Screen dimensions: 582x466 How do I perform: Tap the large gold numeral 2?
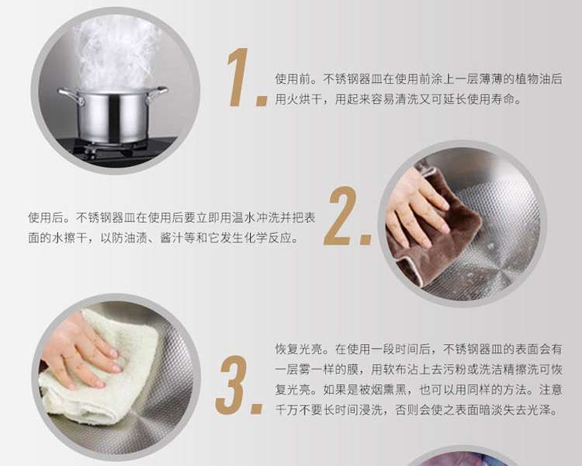click(x=341, y=216)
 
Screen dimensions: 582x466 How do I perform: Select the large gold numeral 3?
click(x=231, y=384)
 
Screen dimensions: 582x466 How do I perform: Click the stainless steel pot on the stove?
click(x=113, y=115)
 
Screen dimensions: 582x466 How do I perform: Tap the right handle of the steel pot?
click(x=158, y=94)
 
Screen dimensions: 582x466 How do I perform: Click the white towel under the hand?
click(x=100, y=375)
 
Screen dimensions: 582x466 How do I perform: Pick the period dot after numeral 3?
click(x=257, y=409)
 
